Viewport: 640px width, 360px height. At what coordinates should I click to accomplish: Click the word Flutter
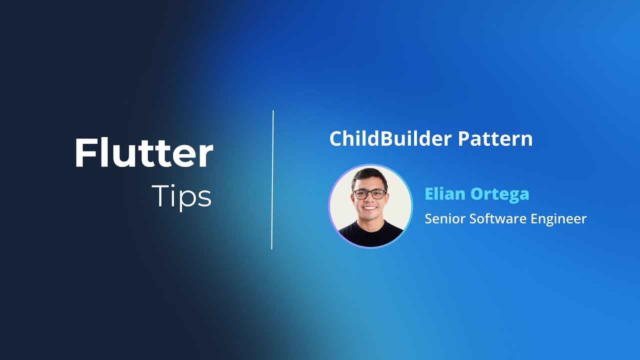point(144,153)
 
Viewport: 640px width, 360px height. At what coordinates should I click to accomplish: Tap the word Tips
point(181,196)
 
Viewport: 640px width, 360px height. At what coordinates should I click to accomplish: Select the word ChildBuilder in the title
point(382,139)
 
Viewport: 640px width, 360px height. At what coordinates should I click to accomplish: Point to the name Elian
point(443,193)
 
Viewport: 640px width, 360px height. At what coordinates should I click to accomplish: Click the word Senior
point(443,218)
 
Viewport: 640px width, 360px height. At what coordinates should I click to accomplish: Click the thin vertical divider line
point(272,180)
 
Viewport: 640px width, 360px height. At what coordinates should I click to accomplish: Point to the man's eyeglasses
point(369,194)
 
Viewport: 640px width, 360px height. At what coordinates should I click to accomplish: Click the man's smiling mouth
point(370,207)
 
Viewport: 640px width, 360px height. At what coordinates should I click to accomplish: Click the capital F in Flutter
point(84,153)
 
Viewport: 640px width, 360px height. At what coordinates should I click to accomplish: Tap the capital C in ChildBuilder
point(335,139)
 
